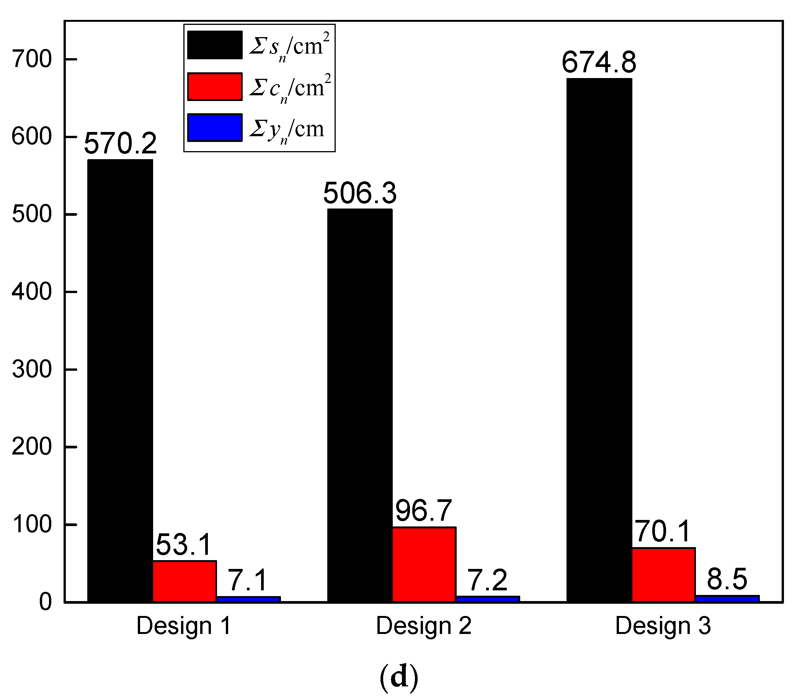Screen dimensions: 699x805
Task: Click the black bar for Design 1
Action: [x=120, y=380]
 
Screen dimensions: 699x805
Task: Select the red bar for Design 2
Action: [x=424, y=564]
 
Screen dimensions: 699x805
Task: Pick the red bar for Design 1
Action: [x=184, y=581]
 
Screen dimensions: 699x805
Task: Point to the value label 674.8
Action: [x=599, y=62]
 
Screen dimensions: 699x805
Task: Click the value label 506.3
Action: [x=360, y=194]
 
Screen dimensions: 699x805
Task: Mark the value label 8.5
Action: [x=727, y=580]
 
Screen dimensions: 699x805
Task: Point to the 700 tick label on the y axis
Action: [x=32, y=60]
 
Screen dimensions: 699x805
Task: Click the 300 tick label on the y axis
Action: [x=32, y=369]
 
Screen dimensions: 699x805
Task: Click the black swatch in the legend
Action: [x=215, y=45]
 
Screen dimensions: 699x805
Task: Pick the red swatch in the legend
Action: [x=215, y=86]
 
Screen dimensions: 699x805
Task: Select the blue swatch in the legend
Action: [x=215, y=127]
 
